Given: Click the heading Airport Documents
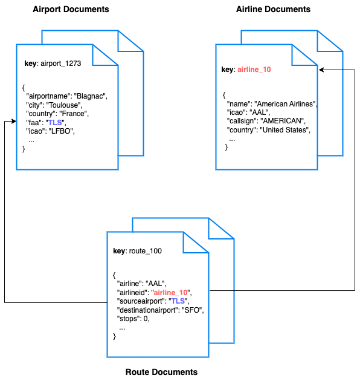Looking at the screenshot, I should click(71, 10).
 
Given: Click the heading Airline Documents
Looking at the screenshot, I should click(274, 10).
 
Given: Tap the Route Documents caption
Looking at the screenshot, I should click(161, 372).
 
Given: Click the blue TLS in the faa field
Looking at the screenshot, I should click(56, 122).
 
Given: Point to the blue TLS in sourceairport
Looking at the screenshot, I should click(178, 301).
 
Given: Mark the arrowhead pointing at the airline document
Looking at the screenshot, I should click(322, 70).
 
